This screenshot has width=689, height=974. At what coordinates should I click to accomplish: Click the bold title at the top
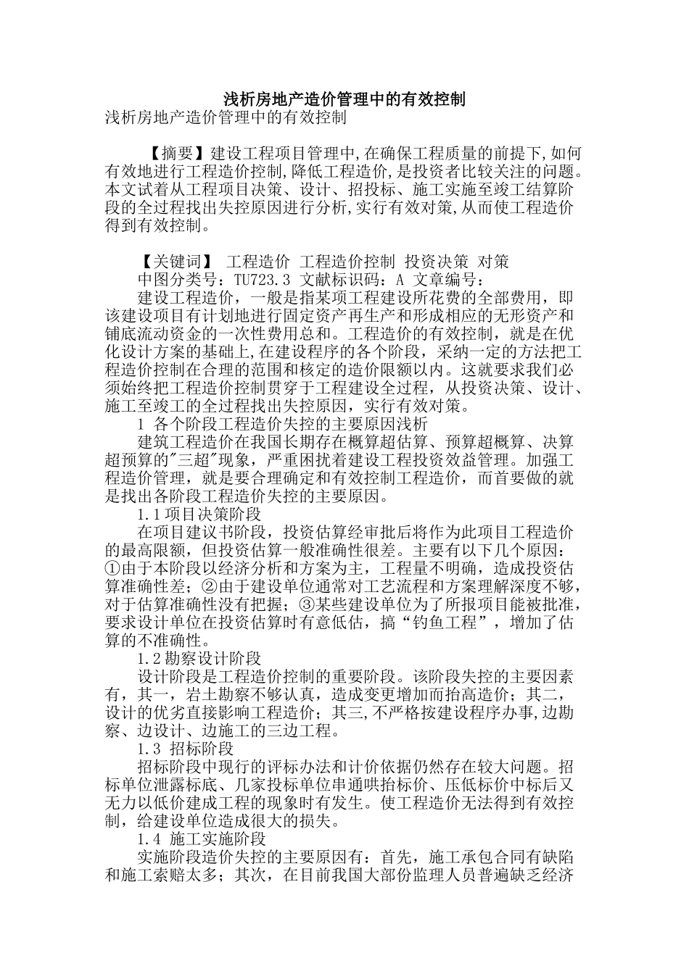coord(344,99)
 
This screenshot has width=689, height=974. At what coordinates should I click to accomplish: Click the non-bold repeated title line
coord(224,117)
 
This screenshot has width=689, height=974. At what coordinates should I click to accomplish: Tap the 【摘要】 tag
coord(178,154)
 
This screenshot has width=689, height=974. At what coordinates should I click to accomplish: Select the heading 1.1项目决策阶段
coord(199,515)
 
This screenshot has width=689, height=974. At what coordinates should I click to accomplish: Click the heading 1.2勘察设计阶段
coord(199,659)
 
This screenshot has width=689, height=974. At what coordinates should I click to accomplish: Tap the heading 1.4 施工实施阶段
coord(202,839)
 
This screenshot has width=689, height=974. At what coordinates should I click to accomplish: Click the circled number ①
coord(112,568)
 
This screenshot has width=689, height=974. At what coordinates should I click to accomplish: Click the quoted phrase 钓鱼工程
coord(450,623)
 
